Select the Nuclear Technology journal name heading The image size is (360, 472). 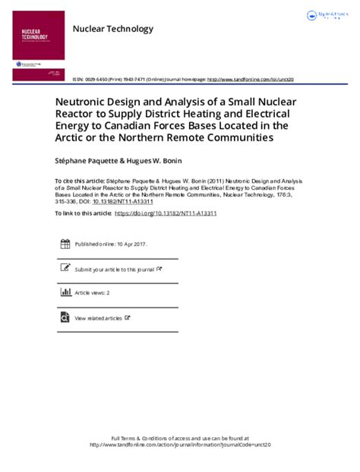(112, 29)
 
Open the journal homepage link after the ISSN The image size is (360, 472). (250, 79)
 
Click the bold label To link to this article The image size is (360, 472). (84, 214)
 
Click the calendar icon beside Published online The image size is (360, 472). (65, 244)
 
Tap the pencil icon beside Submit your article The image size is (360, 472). (65, 268)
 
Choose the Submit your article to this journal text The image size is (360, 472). (114, 269)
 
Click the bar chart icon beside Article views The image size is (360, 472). (65, 292)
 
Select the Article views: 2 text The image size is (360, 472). (92, 292)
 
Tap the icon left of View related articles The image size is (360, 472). (65, 317)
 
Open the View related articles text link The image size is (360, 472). (98, 318)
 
